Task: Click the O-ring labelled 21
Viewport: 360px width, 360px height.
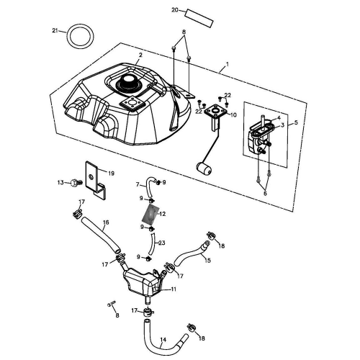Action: pos(79,36)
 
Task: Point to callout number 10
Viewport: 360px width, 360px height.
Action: pos(233,114)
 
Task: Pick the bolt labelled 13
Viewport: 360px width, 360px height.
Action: pos(74,184)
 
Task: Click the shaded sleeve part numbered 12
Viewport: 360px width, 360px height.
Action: pos(151,214)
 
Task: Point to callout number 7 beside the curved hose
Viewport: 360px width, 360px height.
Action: pos(139,186)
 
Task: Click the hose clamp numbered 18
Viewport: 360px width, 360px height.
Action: pos(192,330)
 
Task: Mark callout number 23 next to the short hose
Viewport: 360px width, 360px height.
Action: pos(162,243)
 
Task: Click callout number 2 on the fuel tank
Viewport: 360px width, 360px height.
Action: pos(140,55)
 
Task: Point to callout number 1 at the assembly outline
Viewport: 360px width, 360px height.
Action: pos(227,65)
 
